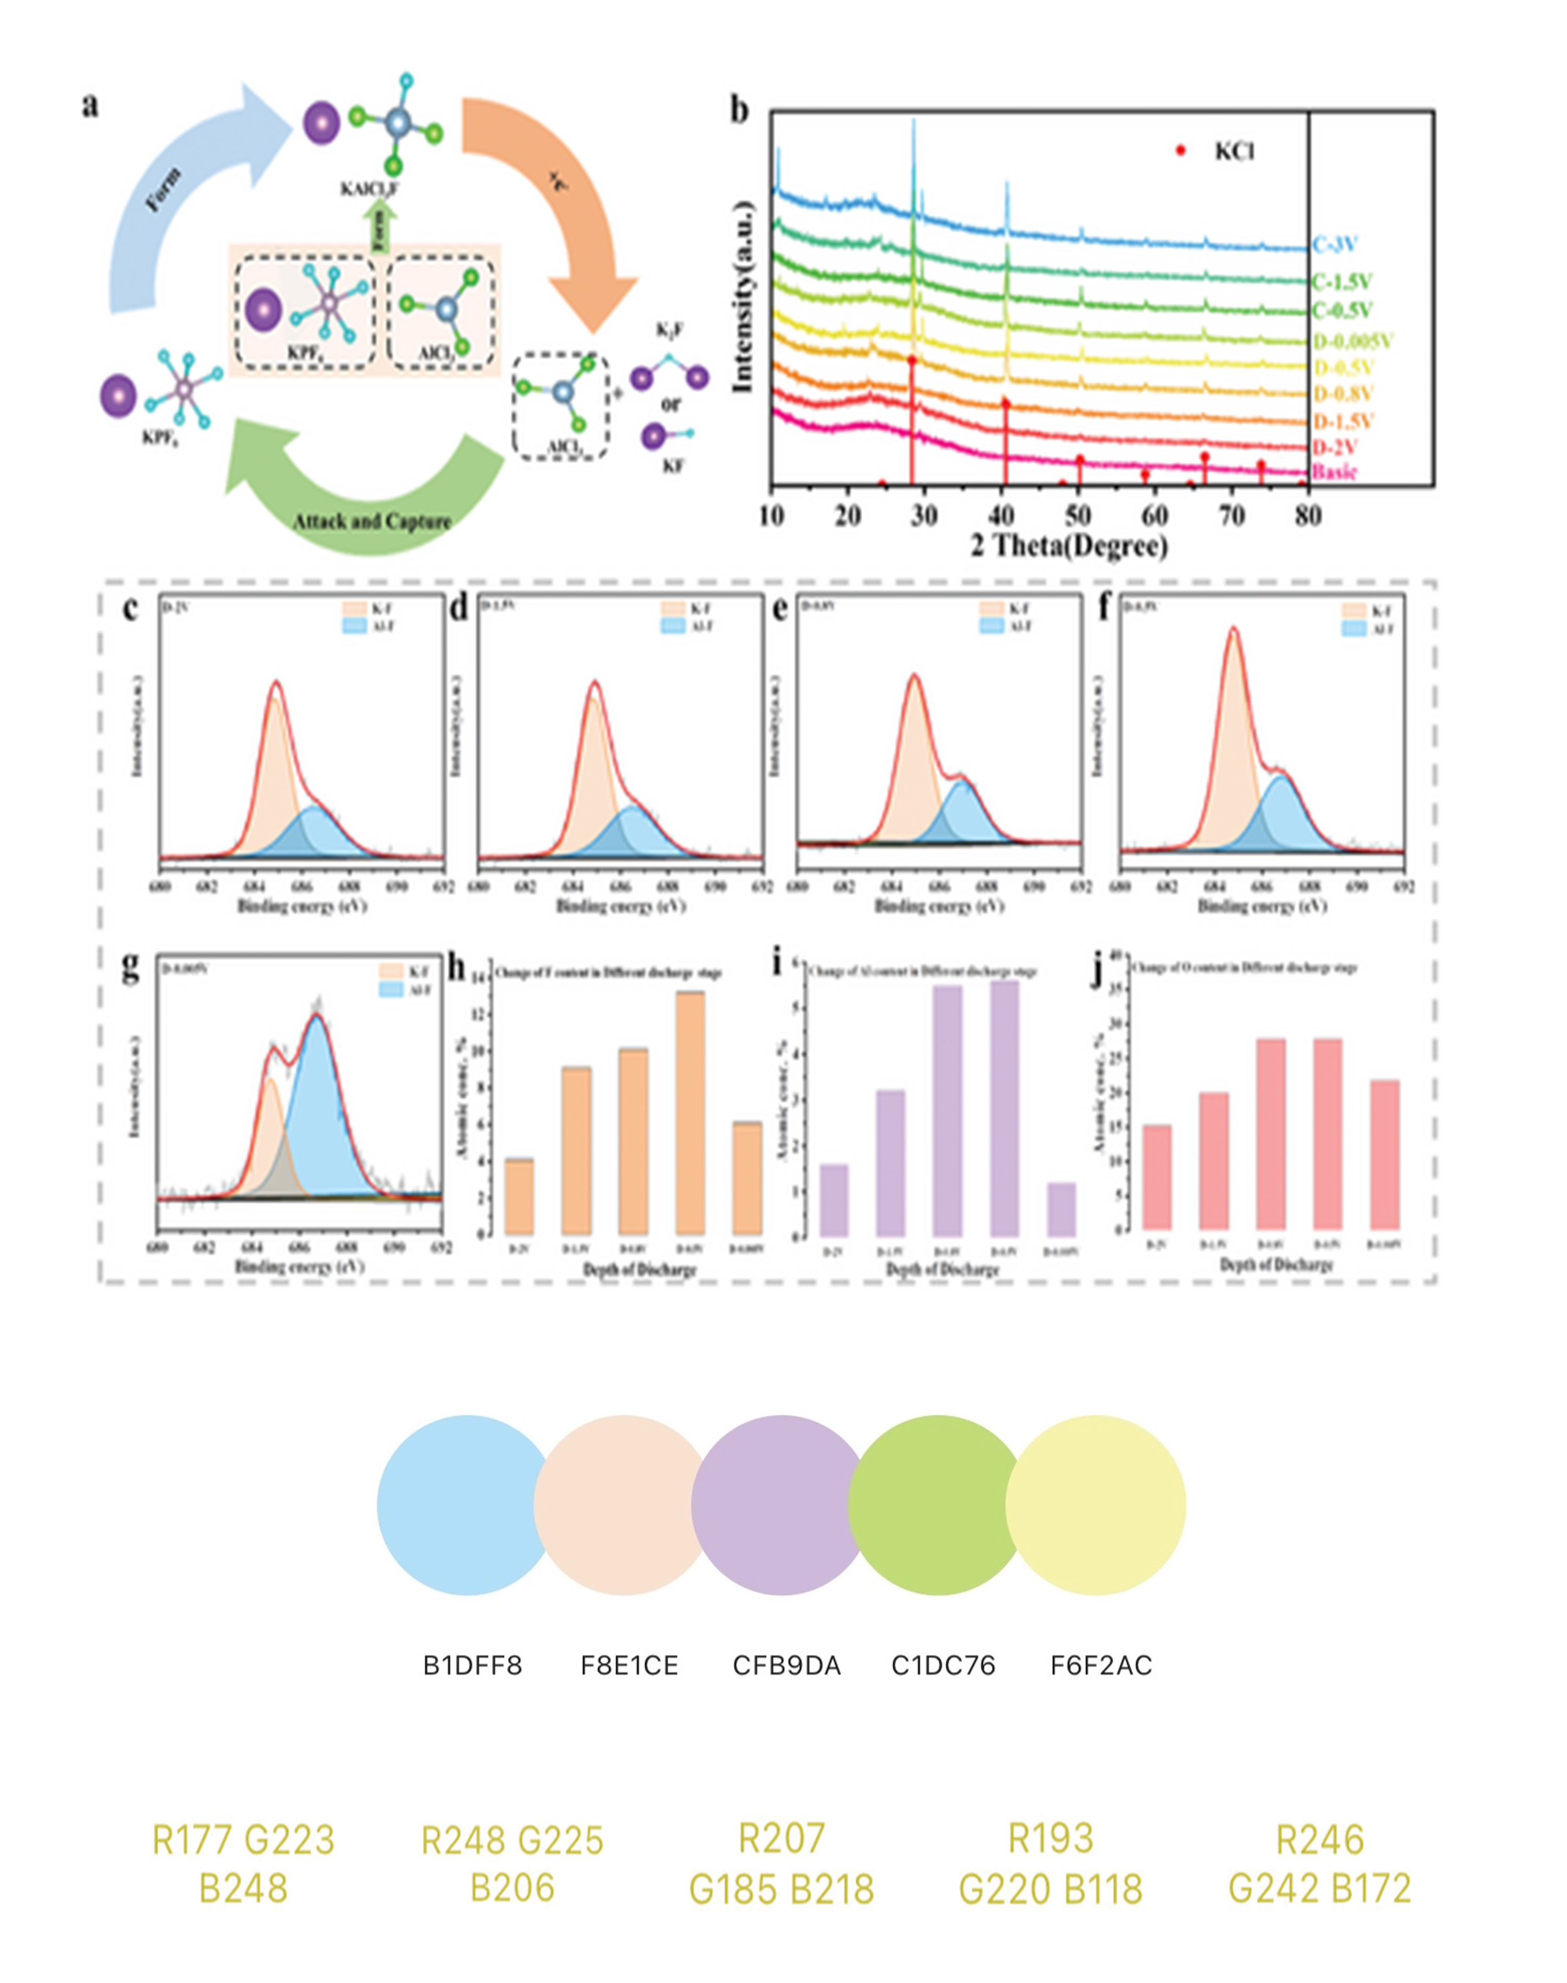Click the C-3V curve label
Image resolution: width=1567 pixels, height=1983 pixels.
[1335, 245]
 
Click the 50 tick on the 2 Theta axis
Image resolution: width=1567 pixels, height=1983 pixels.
[1078, 516]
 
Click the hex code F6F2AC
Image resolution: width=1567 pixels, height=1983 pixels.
[1101, 1665]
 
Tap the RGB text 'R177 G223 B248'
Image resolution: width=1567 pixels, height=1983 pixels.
[243, 1863]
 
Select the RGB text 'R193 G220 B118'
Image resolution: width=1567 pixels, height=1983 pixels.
[1051, 1863]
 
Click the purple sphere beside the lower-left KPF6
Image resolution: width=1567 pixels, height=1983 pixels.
[118, 396]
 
